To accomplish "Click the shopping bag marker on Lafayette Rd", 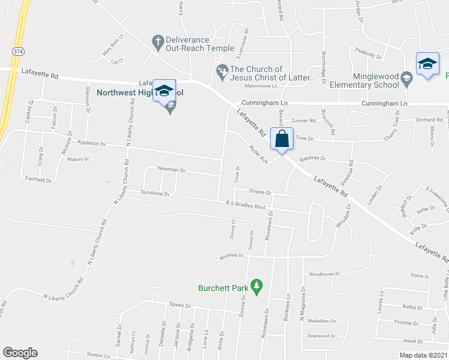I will (282, 139).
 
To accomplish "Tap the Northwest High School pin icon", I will (164, 91).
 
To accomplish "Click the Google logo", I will (20, 353).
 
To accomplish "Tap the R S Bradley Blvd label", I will (246, 205).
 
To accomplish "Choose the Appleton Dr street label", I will (91, 144).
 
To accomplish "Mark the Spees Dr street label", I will (180, 305).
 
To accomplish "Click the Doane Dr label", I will (261, 192).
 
